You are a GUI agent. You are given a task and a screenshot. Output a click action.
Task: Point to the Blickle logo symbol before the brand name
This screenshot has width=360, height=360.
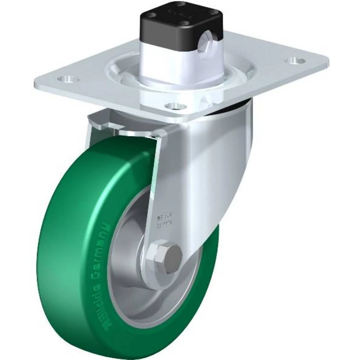80,316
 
